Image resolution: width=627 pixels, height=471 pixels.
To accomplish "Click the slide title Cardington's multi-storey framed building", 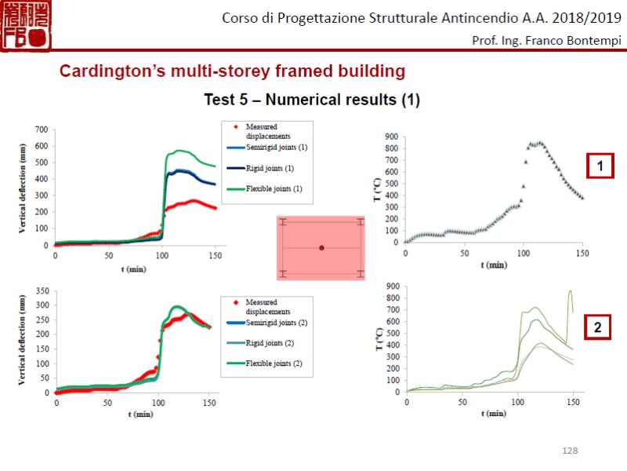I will click(x=233, y=71).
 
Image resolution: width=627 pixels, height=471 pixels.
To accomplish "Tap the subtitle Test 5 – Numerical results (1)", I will click(x=312, y=100).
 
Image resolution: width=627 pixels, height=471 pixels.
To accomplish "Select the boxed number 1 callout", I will click(x=600, y=166).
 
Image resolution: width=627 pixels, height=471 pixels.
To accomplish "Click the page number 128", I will click(x=570, y=450).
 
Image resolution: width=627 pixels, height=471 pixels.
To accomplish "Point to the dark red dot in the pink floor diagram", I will click(x=321, y=248).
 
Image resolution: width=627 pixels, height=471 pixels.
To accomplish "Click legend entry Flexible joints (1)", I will click(x=274, y=188).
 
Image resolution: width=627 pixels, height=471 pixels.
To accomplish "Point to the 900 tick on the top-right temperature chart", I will click(x=391, y=137).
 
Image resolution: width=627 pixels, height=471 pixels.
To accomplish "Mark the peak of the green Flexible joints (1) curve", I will click(x=181, y=150).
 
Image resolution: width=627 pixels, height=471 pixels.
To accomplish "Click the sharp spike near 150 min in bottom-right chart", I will click(x=570, y=291).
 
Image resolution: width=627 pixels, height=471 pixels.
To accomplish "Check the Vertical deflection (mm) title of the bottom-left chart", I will click(x=23, y=342).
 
